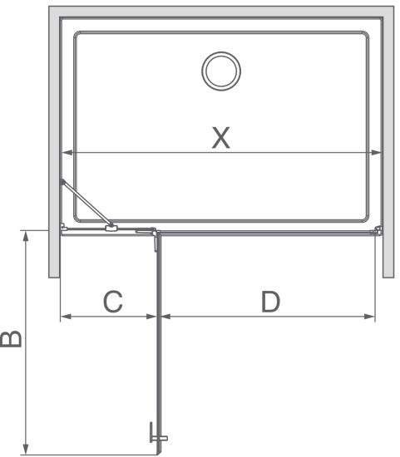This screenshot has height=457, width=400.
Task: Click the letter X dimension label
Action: pyautogui.click(x=221, y=138)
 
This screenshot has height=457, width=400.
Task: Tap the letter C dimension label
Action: pyautogui.click(x=113, y=302)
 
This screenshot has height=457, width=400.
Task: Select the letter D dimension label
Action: pyautogui.click(x=270, y=302)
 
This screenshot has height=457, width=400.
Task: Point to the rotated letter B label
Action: pyautogui.click(x=11, y=339)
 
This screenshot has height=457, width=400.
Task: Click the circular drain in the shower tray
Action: pyautogui.click(x=221, y=71)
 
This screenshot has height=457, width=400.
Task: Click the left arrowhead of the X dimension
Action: pyautogui.click(x=67, y=152)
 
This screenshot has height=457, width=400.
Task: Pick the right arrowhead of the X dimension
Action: pyautogui.click(x=376, y=152)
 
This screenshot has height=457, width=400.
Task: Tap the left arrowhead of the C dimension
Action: pyautogui.click(x=66, y=317)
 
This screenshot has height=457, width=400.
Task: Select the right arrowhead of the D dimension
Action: pyautogui.click(x=369, y=317)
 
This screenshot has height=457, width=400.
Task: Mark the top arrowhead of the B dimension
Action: pyautogui.click(x=26, y=236)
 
